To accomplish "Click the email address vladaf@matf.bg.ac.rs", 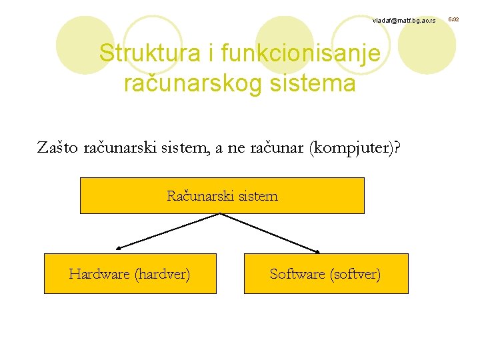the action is click(403, 21).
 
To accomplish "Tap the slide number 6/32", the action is click(454, 21).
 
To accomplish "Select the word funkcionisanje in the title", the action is click(301, 53).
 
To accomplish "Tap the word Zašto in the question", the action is click(58, 147).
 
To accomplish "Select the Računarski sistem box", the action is click(222, 195).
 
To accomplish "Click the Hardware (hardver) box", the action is click(130, 273).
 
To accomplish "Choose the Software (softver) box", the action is click(325, 273).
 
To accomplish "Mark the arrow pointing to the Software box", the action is click(270, 233).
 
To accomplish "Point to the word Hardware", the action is click(99, 274).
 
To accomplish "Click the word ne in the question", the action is click(237, 147).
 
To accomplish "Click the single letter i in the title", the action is click(209, 53).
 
